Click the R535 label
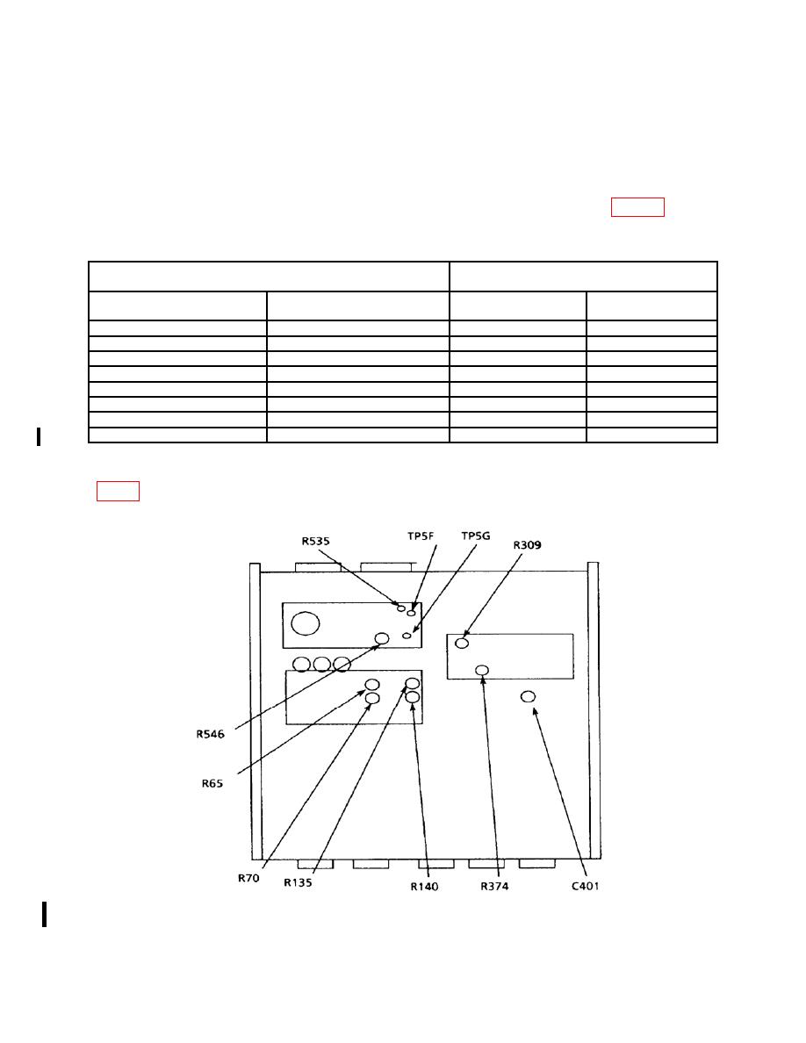coord(315,541)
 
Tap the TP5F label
coord(421,536)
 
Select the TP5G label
coord(476,536)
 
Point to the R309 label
coord(527,545)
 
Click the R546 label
coord(210,734)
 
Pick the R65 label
coord(212,784)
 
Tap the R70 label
coord(248,878)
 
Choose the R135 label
coord(298,882)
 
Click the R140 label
coord(424,886)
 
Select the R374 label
coord(494,886)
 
